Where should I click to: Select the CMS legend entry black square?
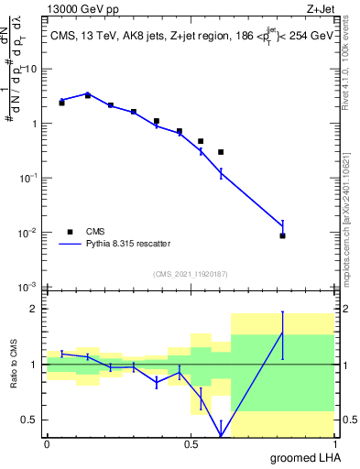70,232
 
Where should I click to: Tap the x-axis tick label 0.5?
191,443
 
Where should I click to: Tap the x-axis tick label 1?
335,443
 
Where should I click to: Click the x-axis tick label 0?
47,443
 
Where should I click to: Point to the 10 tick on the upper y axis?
32,69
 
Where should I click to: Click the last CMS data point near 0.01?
283,235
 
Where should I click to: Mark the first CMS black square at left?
61,103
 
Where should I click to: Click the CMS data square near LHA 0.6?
221,152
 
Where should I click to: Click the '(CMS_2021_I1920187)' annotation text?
190,273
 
